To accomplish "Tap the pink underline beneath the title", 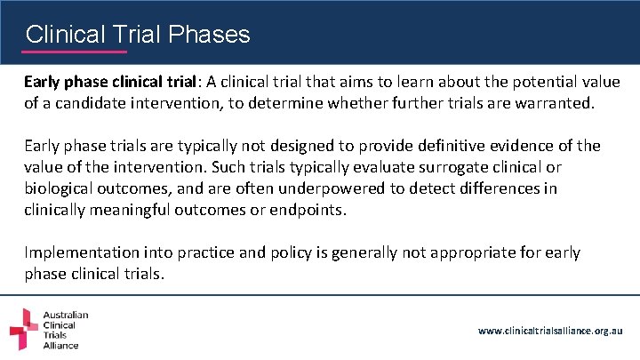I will tap(76, 52).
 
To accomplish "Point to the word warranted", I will tap(549, 103).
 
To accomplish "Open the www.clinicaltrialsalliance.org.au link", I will tap(550, 331).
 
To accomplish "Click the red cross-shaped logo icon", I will tap(24, 330).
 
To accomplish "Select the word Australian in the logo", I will tap(67, 315).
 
